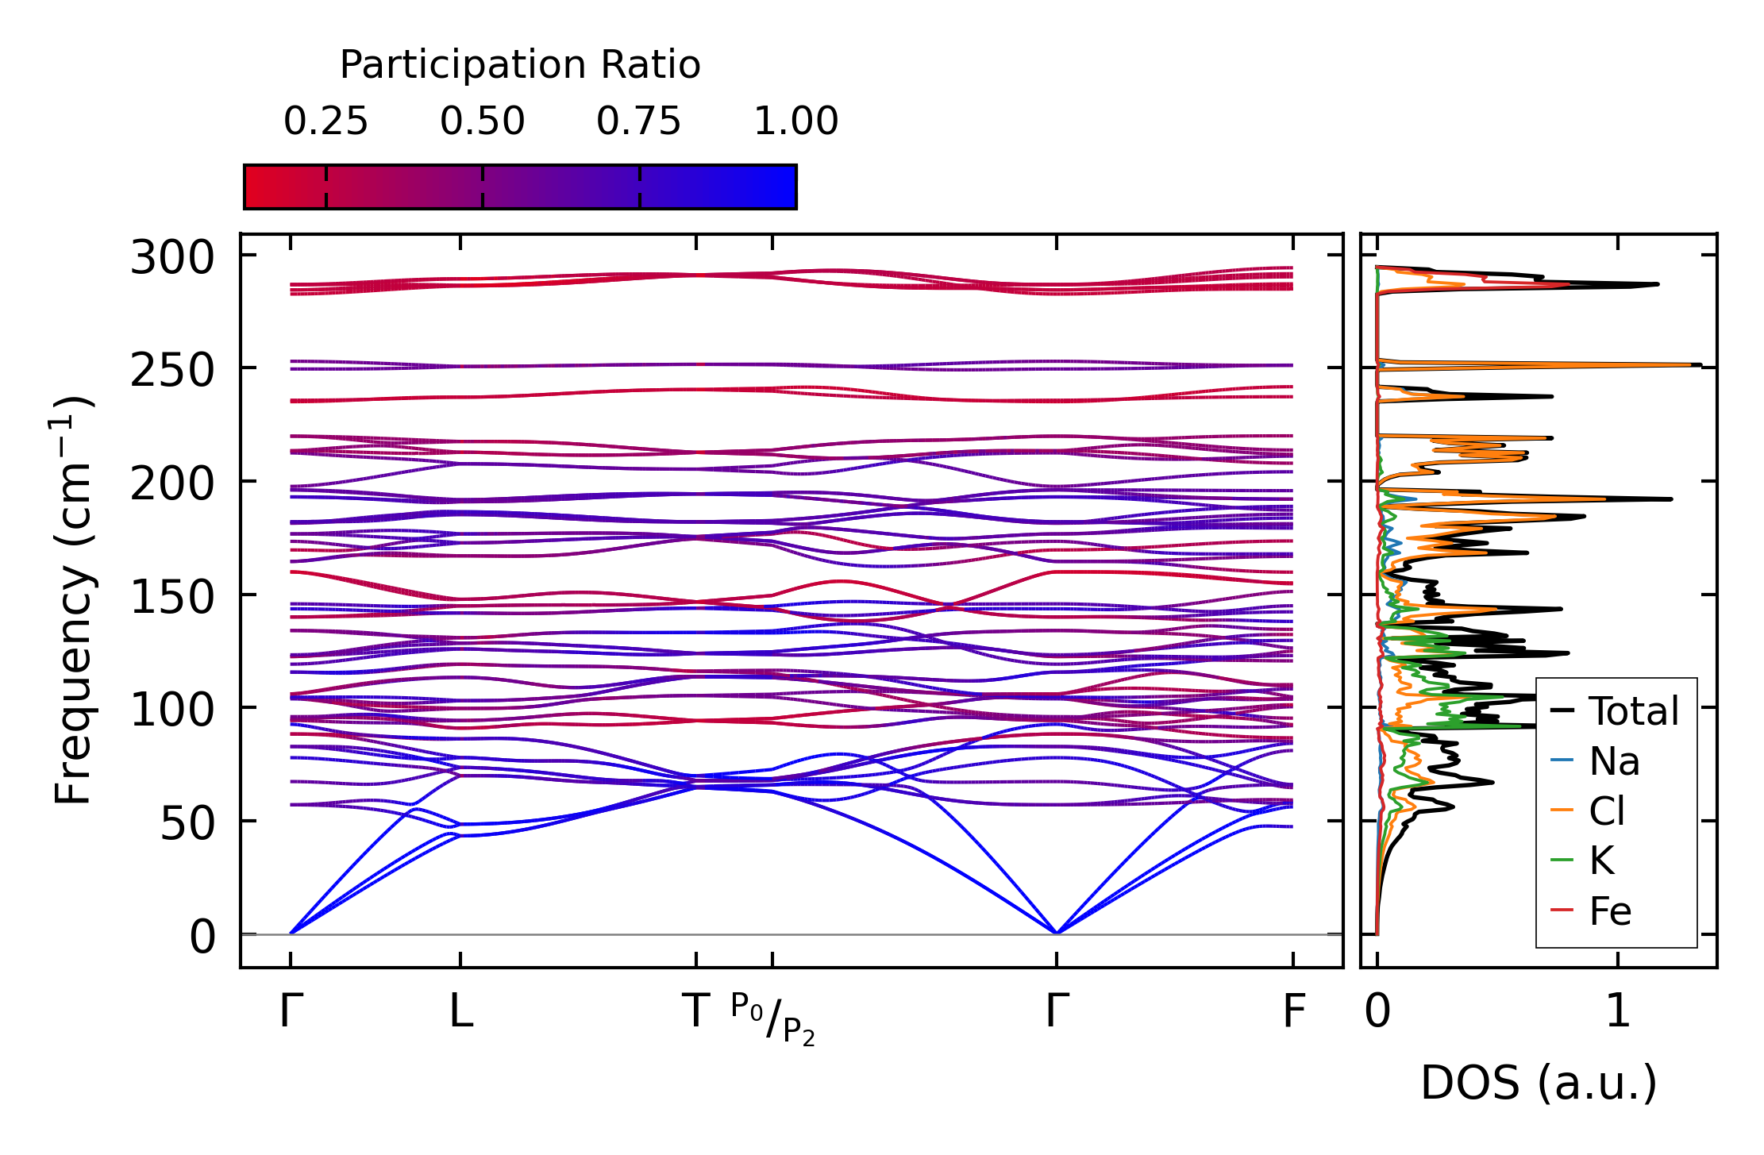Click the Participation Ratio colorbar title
click(x=520, y=65)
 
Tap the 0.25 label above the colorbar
click(x=325, y=121)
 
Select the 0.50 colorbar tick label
click(x=482, y=121)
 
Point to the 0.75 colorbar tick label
click(x=638, y=121)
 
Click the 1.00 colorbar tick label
click(x=795, y=121)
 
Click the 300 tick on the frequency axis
click(x=172, y=258)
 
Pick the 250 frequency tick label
click(x=172, y=371)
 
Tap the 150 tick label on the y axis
click(x=172, y=597)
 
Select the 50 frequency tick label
click(x=187, y=823)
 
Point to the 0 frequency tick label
click(x=202, y=937)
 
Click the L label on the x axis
click(x=460, y=1012)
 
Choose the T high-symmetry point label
click(x=696, y=1012)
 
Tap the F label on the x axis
click(x=1294, y=1012)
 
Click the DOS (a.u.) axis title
click(x=1539, y=1083)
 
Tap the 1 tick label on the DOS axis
click(x=1618, y=1012)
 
